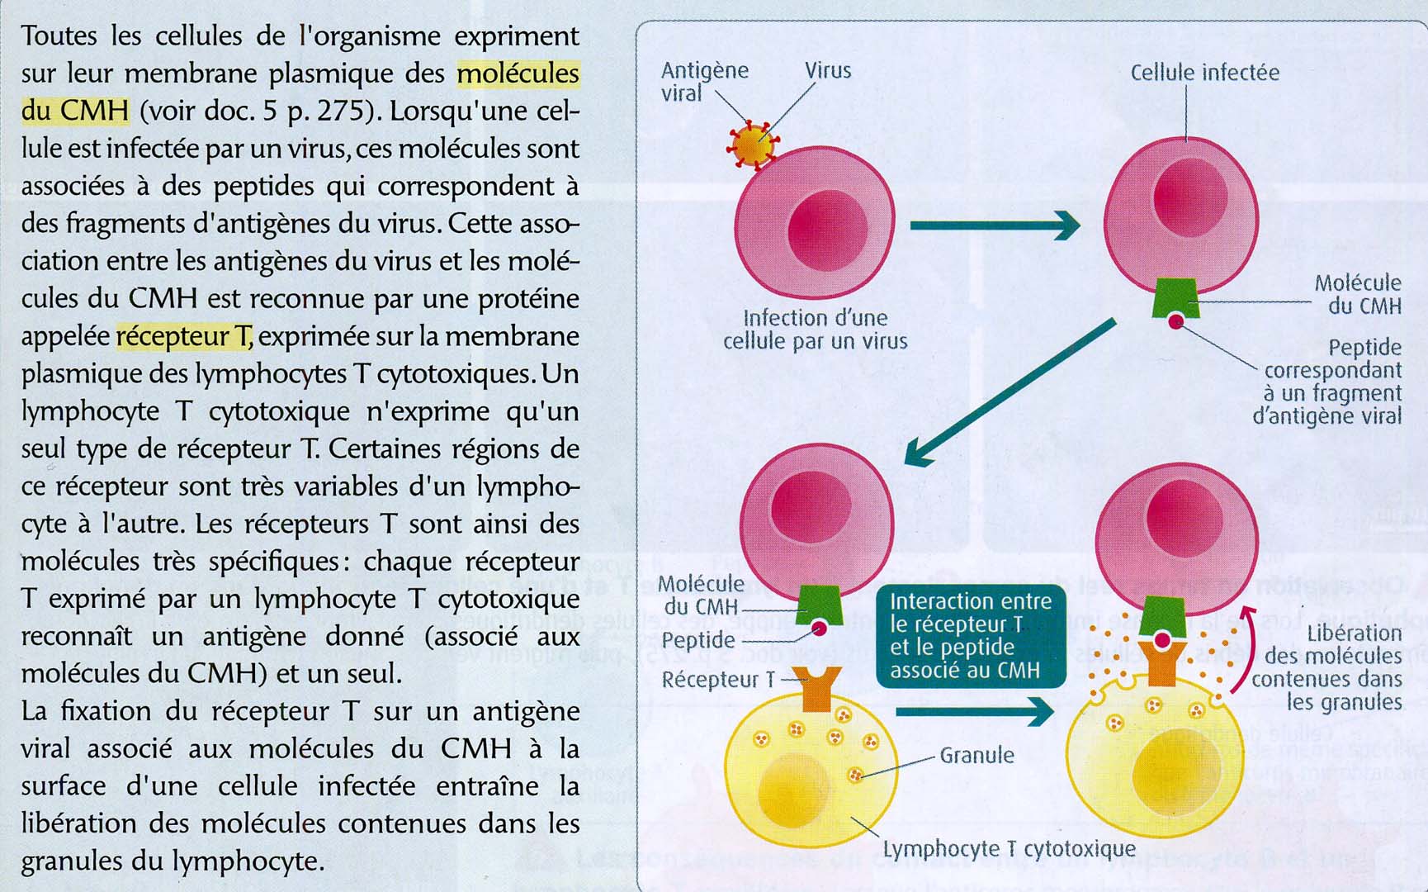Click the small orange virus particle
(x=752, y=145)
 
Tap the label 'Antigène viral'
(x=703, y=81)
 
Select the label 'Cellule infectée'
(x=1204, y=73)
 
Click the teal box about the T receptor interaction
(x=971, y=635)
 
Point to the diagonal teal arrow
(x=1010, y=392)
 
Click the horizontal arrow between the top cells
(x=994, y=225)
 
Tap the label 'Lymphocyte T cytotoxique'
(x=1009, y=849)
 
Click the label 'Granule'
(x=976, y=755)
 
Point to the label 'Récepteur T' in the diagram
(x=718, y=679)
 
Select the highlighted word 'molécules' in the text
(x=518, y=74)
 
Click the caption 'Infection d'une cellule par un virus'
(x=815, y=330)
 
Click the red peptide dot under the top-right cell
(x=1175, y=321)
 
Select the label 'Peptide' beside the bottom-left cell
(x=697, y=640)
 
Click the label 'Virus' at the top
(x=827, y=70)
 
